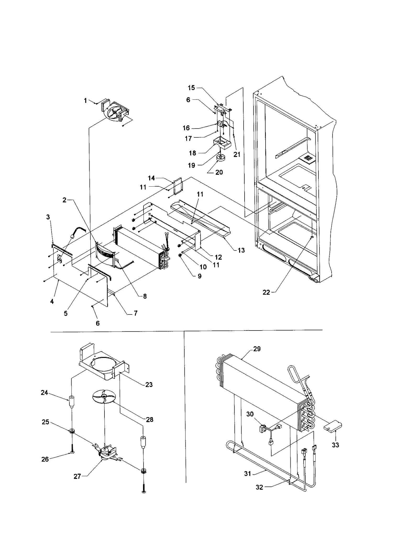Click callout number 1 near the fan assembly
coord(85,100)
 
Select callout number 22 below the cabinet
coord(266,293)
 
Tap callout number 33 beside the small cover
coord(335,445)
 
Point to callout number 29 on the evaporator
coord(257,349)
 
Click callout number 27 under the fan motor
coord(77,476)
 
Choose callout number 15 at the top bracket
coord(191,88)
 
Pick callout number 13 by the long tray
coord(241,250)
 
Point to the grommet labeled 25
coord(71,431)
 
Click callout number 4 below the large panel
coord(52,301)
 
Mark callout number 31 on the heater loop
coord(248,474)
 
